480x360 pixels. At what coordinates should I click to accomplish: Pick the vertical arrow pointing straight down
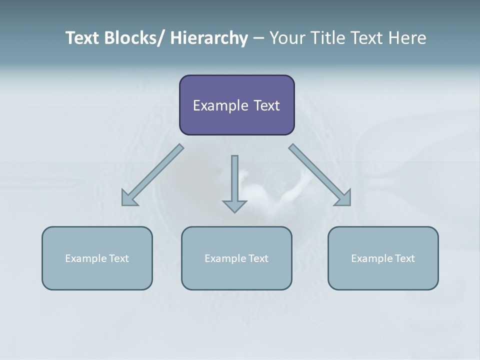(234, 182)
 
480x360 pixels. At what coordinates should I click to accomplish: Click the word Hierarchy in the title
(209, 38)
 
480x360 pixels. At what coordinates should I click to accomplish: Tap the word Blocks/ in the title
(135, 38)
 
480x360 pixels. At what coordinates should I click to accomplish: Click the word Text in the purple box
(266, 106)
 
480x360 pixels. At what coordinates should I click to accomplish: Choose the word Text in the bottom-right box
(404, 258)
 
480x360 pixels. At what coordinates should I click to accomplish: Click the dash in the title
(258, 38)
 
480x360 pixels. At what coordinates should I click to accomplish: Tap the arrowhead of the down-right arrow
(343, 198)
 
